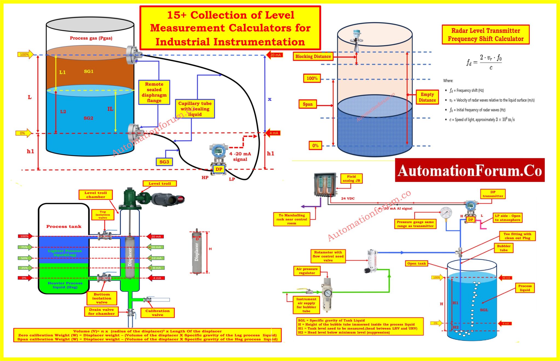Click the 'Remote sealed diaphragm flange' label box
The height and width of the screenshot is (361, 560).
point(154,92)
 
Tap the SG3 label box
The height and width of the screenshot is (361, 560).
point(164,162)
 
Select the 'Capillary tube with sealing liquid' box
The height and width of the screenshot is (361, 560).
point(195,109)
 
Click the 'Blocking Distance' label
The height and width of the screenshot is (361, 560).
point(313,56)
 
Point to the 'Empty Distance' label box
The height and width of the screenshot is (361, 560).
point(427,97)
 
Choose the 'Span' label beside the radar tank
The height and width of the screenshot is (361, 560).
point(307,104)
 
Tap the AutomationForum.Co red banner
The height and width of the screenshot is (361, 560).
point(469,170)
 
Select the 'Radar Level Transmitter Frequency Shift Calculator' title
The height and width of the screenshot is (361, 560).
point(486,35)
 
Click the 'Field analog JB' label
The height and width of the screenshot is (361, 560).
point(351,179)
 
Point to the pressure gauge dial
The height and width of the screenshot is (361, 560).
point(446,213)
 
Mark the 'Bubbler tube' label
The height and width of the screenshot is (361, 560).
point(503,248)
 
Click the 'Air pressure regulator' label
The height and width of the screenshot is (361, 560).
point(307,271)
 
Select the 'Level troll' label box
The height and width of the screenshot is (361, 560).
point(160,184)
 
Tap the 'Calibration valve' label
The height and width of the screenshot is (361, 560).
point(157,313)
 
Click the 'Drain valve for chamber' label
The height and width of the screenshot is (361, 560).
point(101,312)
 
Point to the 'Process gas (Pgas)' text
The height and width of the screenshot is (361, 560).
point(91,38)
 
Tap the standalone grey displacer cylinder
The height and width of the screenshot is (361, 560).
point(197,252)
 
